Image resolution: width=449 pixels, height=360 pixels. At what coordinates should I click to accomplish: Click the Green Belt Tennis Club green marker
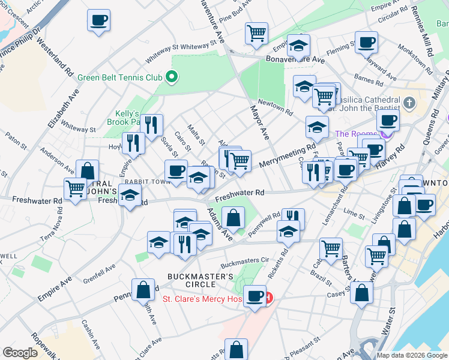click(171, 77)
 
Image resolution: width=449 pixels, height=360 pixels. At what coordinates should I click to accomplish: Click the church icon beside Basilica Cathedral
click(410, 102)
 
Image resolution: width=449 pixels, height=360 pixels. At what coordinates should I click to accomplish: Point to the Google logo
click(20, 353)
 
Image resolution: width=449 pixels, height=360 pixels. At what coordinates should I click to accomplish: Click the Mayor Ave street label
click(260, 122)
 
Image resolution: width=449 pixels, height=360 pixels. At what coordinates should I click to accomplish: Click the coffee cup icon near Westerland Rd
click(98, 20)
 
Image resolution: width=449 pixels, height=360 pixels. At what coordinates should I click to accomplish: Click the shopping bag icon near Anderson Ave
click(88, 170)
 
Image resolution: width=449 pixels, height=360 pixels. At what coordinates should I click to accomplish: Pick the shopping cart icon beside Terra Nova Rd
click(75, 188)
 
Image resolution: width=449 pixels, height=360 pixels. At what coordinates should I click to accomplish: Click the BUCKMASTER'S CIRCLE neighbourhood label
click(200, 280)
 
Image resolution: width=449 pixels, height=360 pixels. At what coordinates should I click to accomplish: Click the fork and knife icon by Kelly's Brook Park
click(152, 124)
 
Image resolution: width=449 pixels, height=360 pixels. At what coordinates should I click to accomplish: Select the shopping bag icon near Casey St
click(362, 292)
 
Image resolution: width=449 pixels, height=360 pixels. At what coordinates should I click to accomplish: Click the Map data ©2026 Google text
click(412, 355)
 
